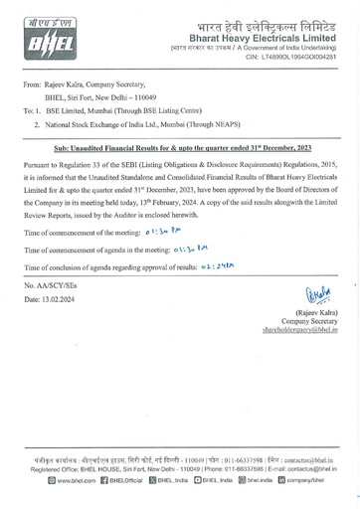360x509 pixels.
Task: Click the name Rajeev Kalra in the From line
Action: [63, 89]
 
